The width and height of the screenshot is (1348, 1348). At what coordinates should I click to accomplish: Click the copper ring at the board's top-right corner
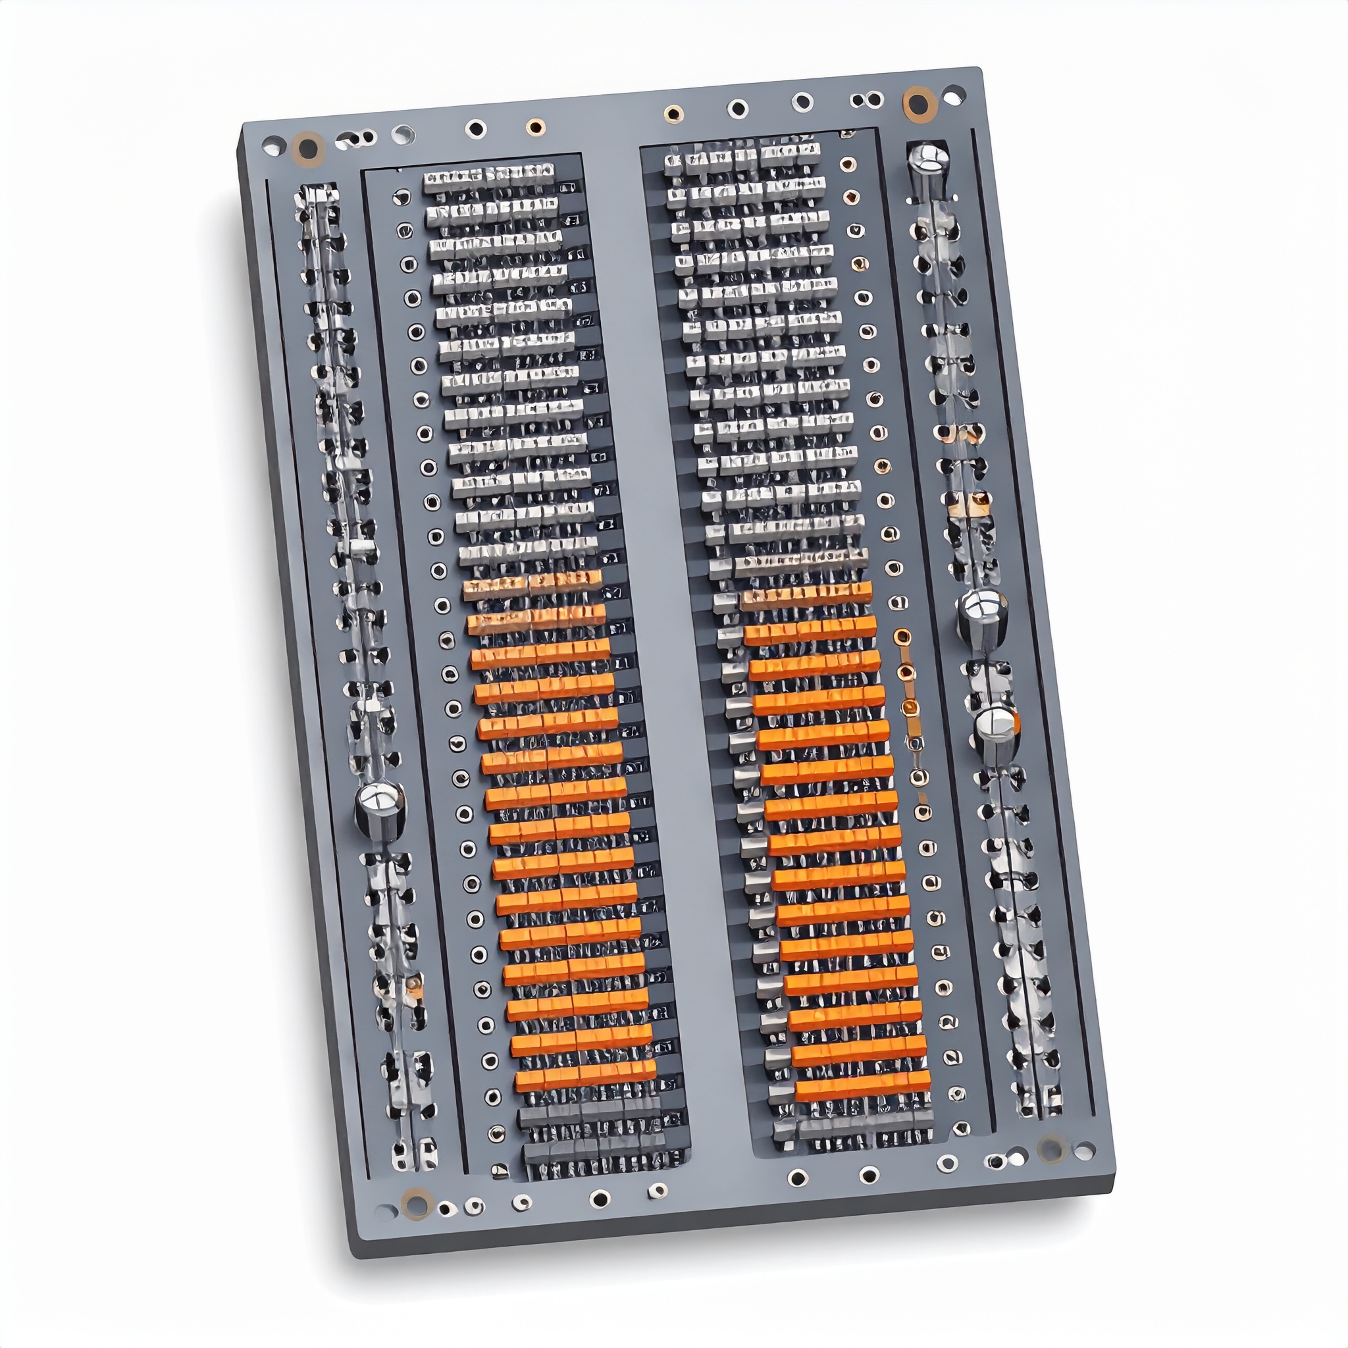[919, 103]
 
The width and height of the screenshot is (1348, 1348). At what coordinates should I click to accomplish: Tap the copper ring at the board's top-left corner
[307, 148]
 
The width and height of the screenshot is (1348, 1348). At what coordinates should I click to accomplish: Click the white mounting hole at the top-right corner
[954, 94]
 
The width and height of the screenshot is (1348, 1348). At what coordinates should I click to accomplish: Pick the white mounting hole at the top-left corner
[272, 147]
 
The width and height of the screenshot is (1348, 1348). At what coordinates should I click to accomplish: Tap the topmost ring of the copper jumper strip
[902, 636]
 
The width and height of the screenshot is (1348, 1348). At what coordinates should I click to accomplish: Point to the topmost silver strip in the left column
[488, 176]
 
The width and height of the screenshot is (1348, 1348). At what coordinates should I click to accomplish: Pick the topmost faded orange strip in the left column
[532, 584]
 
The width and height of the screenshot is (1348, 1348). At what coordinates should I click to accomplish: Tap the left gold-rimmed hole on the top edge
[535, 127]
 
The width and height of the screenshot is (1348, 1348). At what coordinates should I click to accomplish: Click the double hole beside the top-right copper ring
[867, 101]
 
